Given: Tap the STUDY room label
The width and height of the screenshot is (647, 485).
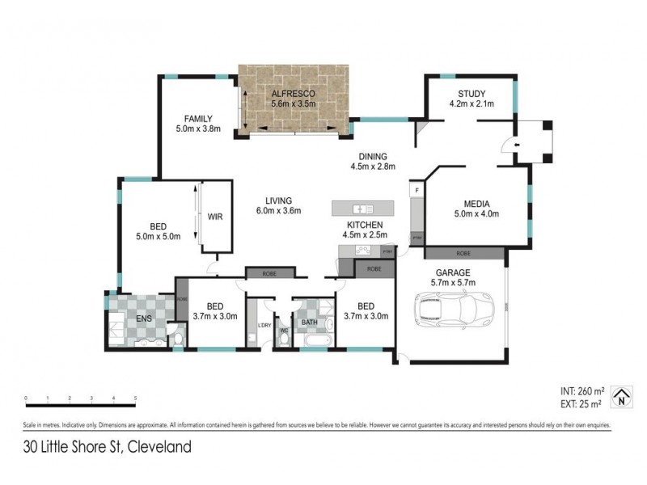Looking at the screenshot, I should (x=471, y=92).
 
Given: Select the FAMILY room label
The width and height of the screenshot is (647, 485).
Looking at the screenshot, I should (x=197, y=118).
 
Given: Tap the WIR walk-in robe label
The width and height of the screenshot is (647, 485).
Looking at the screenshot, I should (x=215, y=217).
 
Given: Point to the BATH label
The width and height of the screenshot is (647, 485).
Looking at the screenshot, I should (x=310, y=322).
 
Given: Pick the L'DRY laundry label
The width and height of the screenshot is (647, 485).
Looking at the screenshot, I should (x=264, y=325).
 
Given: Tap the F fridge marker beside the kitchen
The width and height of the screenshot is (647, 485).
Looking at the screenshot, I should (x=417, y=190).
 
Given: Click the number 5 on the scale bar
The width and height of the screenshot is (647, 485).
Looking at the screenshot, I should (x=135, y=399).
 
